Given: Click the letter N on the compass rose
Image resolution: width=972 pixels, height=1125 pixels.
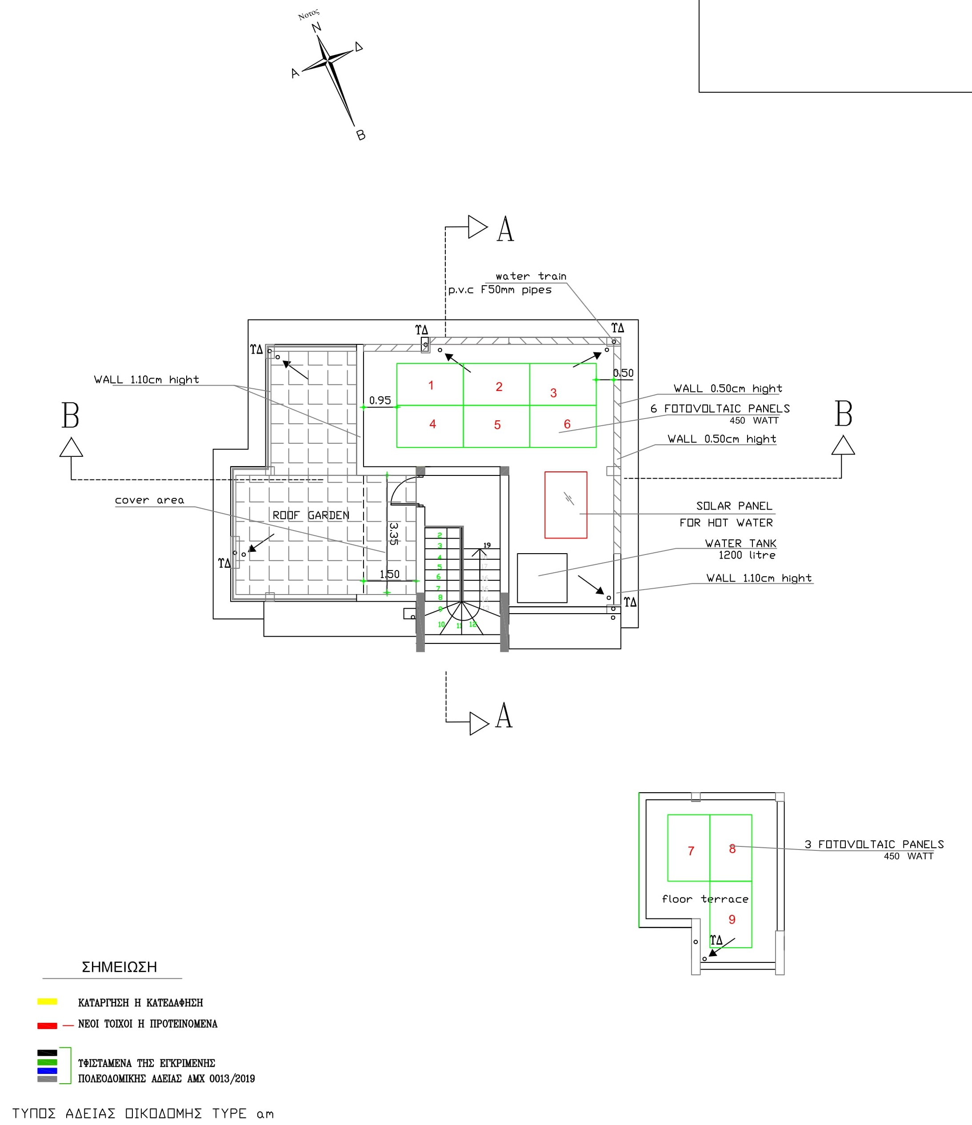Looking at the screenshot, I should point(316,28).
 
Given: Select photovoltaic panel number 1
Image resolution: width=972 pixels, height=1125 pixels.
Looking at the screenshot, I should point(430,384).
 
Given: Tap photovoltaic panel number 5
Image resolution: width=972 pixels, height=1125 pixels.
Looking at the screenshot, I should point(496,426).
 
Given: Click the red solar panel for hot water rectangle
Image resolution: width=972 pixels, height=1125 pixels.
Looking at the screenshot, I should point(565,504).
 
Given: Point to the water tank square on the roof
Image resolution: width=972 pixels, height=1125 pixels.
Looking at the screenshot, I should point(541,578).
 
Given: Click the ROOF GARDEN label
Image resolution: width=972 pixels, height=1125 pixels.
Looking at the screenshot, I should point(311,515).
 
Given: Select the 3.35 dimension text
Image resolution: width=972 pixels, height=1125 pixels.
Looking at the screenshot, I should point(394,533).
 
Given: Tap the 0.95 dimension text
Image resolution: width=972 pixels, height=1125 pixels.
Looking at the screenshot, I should point(380,400).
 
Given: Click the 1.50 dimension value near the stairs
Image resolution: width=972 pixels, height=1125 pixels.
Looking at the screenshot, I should point(389,574).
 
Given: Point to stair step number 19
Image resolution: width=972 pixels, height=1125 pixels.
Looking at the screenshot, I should point(487,545).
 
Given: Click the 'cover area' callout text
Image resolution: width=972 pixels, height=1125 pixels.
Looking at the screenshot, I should point(149,500).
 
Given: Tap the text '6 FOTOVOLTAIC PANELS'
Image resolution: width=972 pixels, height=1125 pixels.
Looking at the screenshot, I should point(720,408).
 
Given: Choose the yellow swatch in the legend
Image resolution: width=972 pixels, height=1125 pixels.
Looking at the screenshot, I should point(47,1001).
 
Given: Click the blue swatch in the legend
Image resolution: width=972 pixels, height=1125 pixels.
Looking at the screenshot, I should point(47,1071).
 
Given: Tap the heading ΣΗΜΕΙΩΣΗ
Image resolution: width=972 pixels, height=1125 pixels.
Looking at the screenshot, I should point(119,966).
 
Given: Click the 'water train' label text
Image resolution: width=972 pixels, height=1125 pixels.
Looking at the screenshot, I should point(531,276).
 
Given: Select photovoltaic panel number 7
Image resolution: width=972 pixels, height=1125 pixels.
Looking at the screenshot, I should point(690,851).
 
